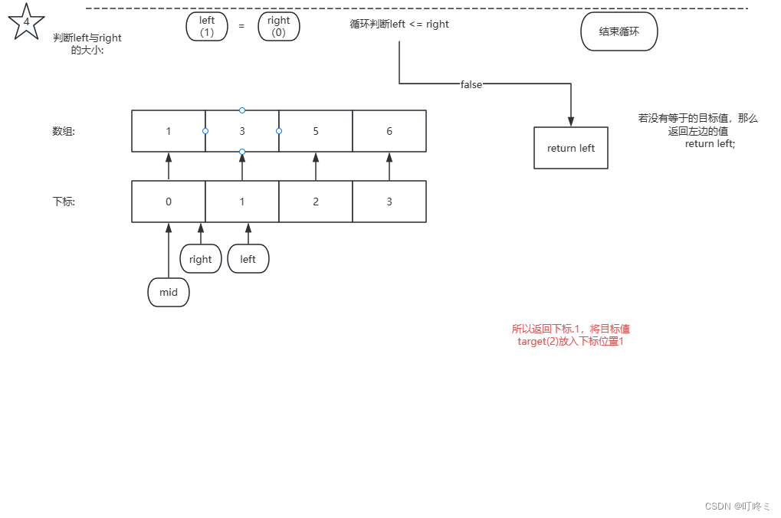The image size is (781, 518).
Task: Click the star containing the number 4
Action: pos(26,22)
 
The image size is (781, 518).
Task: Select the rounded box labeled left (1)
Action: pos(207,26)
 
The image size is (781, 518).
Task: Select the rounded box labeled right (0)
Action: pos(279,26)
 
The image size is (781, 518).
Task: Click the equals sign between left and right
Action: pos(241,26)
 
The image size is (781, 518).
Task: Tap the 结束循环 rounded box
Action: pos(619,32)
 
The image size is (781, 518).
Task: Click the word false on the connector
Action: pos(471,85)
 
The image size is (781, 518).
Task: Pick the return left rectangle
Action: pos(571,148)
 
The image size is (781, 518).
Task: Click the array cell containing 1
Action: pos(169,131)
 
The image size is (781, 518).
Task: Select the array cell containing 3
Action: pos(242,131)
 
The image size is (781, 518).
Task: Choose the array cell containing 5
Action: pos(316,131)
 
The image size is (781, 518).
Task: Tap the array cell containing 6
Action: pos(389,131)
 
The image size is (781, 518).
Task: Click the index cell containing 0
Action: pos(169,202)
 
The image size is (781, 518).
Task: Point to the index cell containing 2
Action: pos(316,202)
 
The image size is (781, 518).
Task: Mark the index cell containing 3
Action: pos(389,202)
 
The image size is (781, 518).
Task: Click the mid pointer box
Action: pos(169,292)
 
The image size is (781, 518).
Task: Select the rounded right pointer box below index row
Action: pos(201,259)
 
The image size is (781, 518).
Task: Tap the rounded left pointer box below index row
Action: pos(248,259)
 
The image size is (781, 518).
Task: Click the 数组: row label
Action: pos(64,131)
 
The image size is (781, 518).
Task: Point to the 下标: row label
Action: pos(64,202)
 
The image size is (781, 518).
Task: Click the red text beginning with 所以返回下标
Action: pos(571,335)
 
